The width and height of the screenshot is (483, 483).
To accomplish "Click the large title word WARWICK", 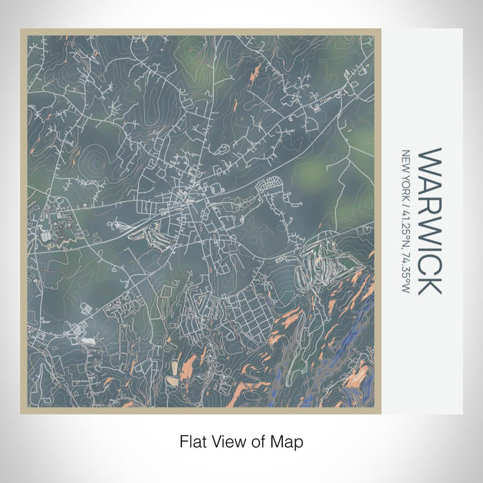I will (429, 220).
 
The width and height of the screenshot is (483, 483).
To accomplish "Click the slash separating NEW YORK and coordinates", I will (405, 206).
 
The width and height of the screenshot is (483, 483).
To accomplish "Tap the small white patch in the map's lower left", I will (87, 340).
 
